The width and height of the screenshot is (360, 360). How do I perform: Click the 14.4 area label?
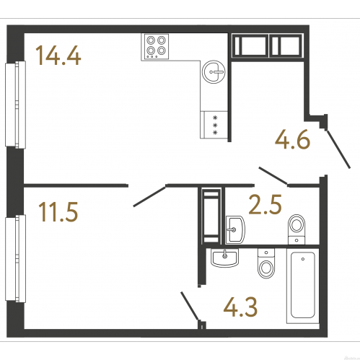point(58,56)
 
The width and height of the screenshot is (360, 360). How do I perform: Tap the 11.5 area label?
point(58,211)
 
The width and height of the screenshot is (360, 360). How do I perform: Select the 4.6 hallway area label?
point(292,139)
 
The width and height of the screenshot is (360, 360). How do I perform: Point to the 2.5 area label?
point(265,204)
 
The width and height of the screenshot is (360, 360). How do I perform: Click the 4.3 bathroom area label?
point(240,307)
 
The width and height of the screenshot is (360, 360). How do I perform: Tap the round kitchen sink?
point(214,71)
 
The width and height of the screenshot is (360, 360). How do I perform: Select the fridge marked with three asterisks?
point(214,125)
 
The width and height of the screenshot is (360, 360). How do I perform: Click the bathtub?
point(303,286)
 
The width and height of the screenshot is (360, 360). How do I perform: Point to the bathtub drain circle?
point(303,259)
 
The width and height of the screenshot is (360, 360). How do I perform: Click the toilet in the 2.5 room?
point(297,229)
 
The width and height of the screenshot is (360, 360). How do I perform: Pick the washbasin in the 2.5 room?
point(235,229)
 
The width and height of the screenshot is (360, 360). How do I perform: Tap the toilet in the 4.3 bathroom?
point(266,263)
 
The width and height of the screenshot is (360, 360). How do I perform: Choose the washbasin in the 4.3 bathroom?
point(225,258)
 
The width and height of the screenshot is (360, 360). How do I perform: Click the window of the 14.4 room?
point(15,105)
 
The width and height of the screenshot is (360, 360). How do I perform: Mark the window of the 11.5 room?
point(15,258)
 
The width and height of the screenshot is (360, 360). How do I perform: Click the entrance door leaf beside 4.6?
point(338,149)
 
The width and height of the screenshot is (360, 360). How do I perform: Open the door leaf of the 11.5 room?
point(149,196)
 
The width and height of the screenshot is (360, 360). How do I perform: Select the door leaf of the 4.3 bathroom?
point(190,306)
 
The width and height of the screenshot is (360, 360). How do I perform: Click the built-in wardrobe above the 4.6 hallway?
point(267,45)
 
